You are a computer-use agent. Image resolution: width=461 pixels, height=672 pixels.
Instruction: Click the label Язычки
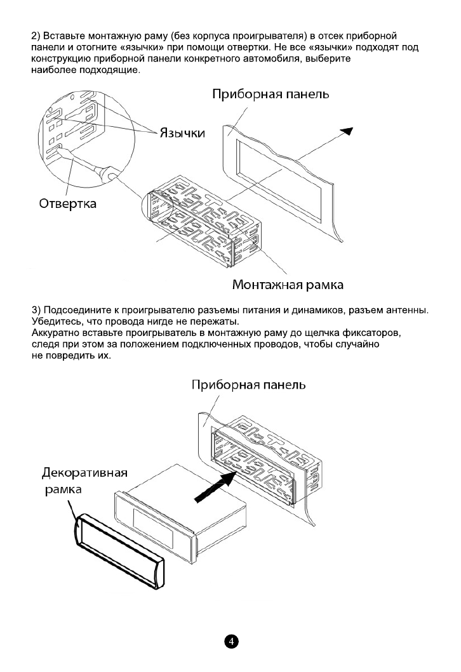(x=181, y=133)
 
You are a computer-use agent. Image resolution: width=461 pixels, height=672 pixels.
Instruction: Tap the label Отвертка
(x=68, y=204)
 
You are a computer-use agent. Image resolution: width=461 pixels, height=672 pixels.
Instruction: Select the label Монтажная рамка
(x=288, y=285)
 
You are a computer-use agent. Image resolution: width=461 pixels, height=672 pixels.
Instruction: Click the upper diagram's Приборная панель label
(x=270, y=94)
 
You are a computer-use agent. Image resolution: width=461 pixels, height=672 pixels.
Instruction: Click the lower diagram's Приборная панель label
(x=249, y=385)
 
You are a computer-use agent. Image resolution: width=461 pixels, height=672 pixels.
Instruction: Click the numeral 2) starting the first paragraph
(x=36, y=33)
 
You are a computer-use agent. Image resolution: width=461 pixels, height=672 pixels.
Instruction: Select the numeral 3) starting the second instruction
(x=36, y=309)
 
